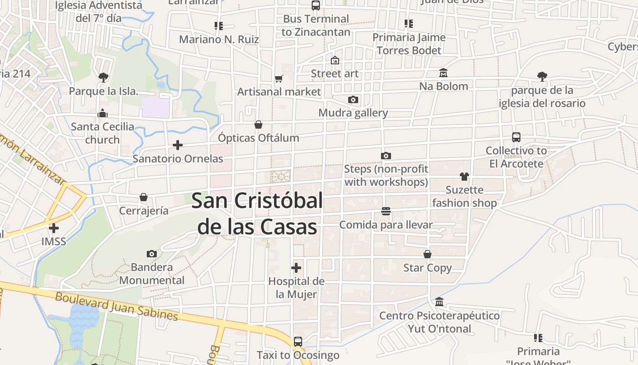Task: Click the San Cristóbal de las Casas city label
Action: pyautogui.click(x=257, y=214)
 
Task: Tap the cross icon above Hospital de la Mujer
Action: pyautogui.click(x=296, y=267)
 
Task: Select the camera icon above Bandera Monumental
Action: pyautogui.click(x=152, y=254)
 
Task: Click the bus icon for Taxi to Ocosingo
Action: pyautogui.click(x=298, y=341)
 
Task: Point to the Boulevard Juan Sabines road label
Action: pyautogui.click(x=116, y=306)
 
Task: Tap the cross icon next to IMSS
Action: pyautogui.click(x=54, y=228)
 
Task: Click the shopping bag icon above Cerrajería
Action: pyautogui.click(x=144, y=197)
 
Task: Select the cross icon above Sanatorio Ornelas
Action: pyautogui.click(x=178, y=145)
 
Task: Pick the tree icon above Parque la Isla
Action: pyautogui.click(x=103, y=77)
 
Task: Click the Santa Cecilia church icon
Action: pyautogui.click(x=103, y=113)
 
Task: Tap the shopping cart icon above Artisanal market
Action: pyautogui.click(x=279, y=78)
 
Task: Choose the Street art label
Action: pyautogui.click(x=334, y=73)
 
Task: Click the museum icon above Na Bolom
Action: pyautogui.click(x=443, y=73)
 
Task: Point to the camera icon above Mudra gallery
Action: pyautogui.click(x=353, y=99)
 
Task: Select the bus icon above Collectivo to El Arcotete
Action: pyautogui.click(x=516, y=137)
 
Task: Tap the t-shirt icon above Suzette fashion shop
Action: pyautogui.click(x=464, y=176)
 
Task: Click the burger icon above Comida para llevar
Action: pyautogui.click(x=386, y=211)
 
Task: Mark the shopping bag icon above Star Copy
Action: pyautogui.click(x=427, y=254)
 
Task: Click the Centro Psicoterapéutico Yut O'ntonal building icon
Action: pyautogui.click(x=439, y=302)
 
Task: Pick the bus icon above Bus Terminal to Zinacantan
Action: pyautogui.click(x=315, y=5)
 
